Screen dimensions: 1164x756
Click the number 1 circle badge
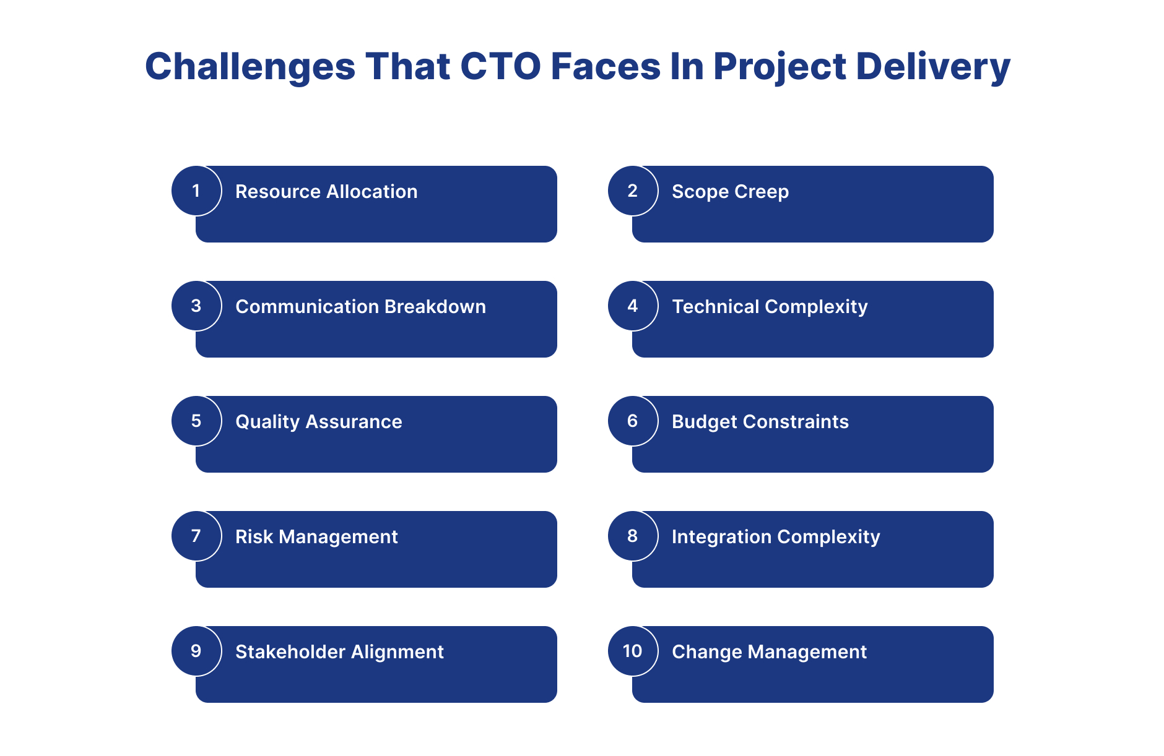tap(196, 191)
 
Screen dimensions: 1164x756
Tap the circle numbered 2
tap(633, 191)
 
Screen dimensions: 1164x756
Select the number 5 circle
tap(196, 421)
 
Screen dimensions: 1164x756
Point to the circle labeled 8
tap(633, 536)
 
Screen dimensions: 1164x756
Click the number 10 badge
tap(633, 651)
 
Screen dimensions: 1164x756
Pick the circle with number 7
tap(196, 536)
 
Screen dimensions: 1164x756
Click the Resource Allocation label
tap(326, 192)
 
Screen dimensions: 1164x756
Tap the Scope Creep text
tap(731, 192)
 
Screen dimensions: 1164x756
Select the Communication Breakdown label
tap(361, 307)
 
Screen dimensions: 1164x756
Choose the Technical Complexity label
tap(770, 307)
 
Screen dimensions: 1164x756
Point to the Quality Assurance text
tap(319, 423)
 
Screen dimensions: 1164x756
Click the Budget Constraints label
tap(760, 423)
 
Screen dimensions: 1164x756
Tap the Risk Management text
tap(316, 538)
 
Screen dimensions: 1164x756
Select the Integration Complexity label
tap(776, 538)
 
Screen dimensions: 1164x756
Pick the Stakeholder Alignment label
tap(339, 653)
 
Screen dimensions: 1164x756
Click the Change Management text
tap(769, 653)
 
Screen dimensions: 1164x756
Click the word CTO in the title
tap(501, 66)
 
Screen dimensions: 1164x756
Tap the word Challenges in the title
tap(250, 67)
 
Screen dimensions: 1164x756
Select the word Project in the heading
tap(780, 67)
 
